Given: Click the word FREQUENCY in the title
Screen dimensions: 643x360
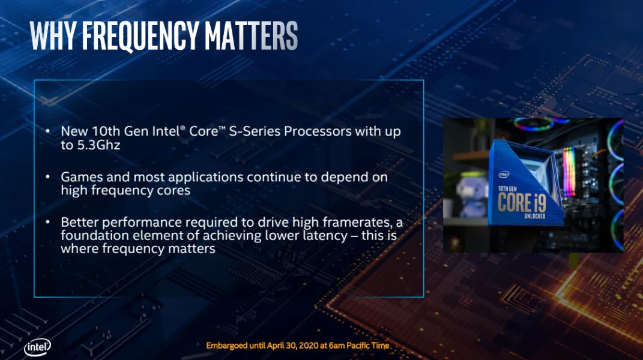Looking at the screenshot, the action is (x=140, y=35).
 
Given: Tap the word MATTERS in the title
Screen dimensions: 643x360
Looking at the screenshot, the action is (x=252, y=35).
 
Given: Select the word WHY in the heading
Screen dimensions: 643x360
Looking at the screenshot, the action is (x=53, y=35).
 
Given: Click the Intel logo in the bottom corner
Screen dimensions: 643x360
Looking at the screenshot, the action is (x=38, y=347).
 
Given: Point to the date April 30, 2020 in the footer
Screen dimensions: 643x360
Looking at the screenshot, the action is (x=293, y=346).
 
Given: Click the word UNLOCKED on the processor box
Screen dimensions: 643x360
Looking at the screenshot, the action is (x=535, y=215).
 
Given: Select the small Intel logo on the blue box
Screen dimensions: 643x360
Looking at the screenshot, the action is (x=504, y=174).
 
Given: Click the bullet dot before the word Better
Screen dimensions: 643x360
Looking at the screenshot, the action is (x=48, y=222).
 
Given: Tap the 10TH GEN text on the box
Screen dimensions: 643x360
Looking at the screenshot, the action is (x=507, y=188).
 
